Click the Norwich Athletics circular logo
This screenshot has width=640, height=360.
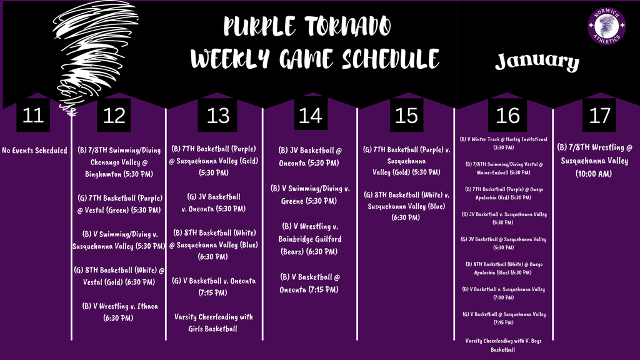(x=607, y=27)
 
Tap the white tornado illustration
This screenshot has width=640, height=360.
(x=84, y=50)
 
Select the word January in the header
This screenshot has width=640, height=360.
(x=537, y=61)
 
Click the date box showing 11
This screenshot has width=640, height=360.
(x=33, y=116)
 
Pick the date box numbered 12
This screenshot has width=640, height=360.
(x=115, y=116)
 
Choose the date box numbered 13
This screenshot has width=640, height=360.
(x=218, y=116)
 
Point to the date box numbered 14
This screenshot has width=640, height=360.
(x=310, y=116)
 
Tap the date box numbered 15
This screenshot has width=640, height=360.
(x=407, y=116)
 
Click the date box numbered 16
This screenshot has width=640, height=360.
(x=507, y=116)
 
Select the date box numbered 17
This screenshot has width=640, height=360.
(x=599, y=116)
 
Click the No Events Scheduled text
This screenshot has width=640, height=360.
(x=35, y=150)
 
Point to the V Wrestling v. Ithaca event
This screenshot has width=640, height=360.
(x=115, y=311)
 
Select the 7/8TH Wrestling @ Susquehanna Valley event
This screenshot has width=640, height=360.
(x=595, y=160)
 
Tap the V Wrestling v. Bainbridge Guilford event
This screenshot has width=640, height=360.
(x=310, y=239)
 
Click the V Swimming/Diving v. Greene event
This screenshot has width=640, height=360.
(x=310, y=194)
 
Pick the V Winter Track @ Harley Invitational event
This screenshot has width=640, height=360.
(x=503, y=143)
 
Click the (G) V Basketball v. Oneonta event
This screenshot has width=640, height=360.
(x=214, y=286)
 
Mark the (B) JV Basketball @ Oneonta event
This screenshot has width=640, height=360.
(x=310, y=156)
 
